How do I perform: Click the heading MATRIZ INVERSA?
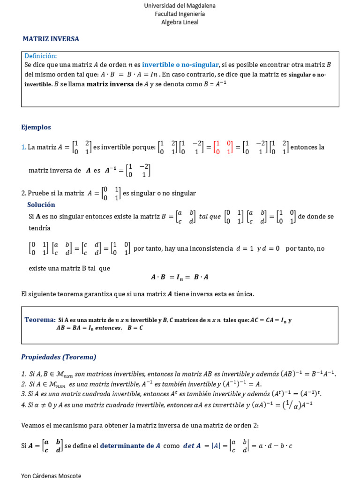click(x=51, y=39)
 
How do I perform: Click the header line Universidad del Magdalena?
click(x=180, y=6)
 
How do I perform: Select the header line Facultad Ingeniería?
click(x=180, y=14)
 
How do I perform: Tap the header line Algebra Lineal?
click(x=180, y=22)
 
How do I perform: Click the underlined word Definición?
click(x=40, y=56)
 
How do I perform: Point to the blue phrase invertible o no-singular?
click(x=180, y=65)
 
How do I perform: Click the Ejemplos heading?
click(x=36, y=127)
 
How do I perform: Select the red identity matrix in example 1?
click(x=223, y=147)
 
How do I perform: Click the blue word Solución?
click(x=41, y=205)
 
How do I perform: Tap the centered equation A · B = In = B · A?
click(x=180, y=277)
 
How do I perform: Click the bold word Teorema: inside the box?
click(x=40, y=320)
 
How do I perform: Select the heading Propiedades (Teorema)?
click(x=59, y=357)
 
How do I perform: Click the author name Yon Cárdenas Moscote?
click(x=51, y=476)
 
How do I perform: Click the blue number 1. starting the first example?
click(x=24, y=147)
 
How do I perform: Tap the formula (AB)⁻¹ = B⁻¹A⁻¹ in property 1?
click(x=308, y=374)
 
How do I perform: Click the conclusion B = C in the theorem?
click(x=135, y=328)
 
